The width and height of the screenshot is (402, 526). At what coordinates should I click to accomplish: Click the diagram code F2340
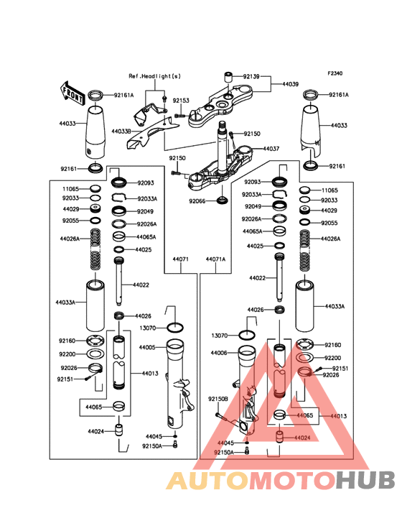coord(335,73)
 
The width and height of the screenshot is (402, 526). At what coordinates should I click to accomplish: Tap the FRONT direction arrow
coord(72,93)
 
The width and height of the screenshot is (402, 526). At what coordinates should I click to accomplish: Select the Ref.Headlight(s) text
coord(155,76)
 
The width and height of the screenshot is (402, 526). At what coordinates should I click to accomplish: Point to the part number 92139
coord(251,76)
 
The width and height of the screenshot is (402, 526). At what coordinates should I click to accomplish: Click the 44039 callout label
coord(290,84)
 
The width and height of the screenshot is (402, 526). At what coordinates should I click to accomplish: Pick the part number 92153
coord(181,101)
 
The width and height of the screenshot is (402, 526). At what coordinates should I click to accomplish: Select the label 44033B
coord(121,131)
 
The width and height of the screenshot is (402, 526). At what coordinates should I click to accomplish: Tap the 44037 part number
coord(271,148)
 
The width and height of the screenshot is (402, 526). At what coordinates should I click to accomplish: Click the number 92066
coord(197,201)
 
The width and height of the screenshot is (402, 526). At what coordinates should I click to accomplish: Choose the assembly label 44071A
coord(215,259)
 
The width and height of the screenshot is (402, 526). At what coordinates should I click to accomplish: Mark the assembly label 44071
coord(181,259)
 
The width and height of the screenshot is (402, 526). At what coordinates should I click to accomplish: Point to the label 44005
coord(147,347)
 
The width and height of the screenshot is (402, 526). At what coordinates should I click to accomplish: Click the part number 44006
coord(219,353)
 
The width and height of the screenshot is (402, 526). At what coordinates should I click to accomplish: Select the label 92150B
coord(218,399)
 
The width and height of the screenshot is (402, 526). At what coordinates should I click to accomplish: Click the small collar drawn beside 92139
coord(228,77)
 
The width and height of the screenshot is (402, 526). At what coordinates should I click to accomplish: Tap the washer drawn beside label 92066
coord(223,200)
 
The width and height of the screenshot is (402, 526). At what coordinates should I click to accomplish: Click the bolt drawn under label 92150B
coord(221,417)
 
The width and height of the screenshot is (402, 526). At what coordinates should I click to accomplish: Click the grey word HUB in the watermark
coord(365,480)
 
